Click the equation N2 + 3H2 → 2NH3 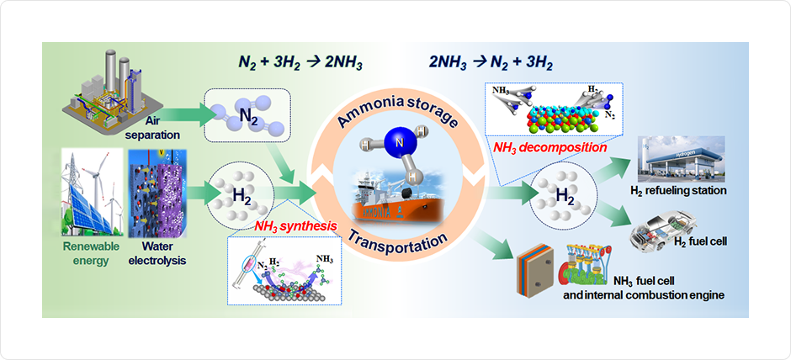297,62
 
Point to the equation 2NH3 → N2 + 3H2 491,62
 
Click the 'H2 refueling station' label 677,191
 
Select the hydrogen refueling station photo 679,160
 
